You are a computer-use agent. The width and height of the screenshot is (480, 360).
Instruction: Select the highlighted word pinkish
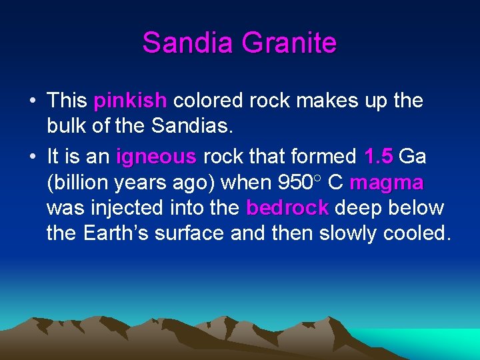pyautogui.click(x=130, y=101)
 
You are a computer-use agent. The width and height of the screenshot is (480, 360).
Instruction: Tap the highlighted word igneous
pyautogui.click(x=156, y=157)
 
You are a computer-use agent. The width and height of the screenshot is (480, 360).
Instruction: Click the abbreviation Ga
pyautogui.click(x=413, y=157)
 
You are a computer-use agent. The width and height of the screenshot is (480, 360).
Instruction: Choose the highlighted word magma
pyautogui.click(x=386, y=182)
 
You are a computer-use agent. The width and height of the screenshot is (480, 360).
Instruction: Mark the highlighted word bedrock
pyautogui.click(x=287, y=208)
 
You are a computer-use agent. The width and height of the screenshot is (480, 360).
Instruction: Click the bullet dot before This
pyautogui.click(x=32, y=101)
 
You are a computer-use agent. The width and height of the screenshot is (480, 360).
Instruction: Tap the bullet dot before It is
pyautogui.click(x=32, y=157)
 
